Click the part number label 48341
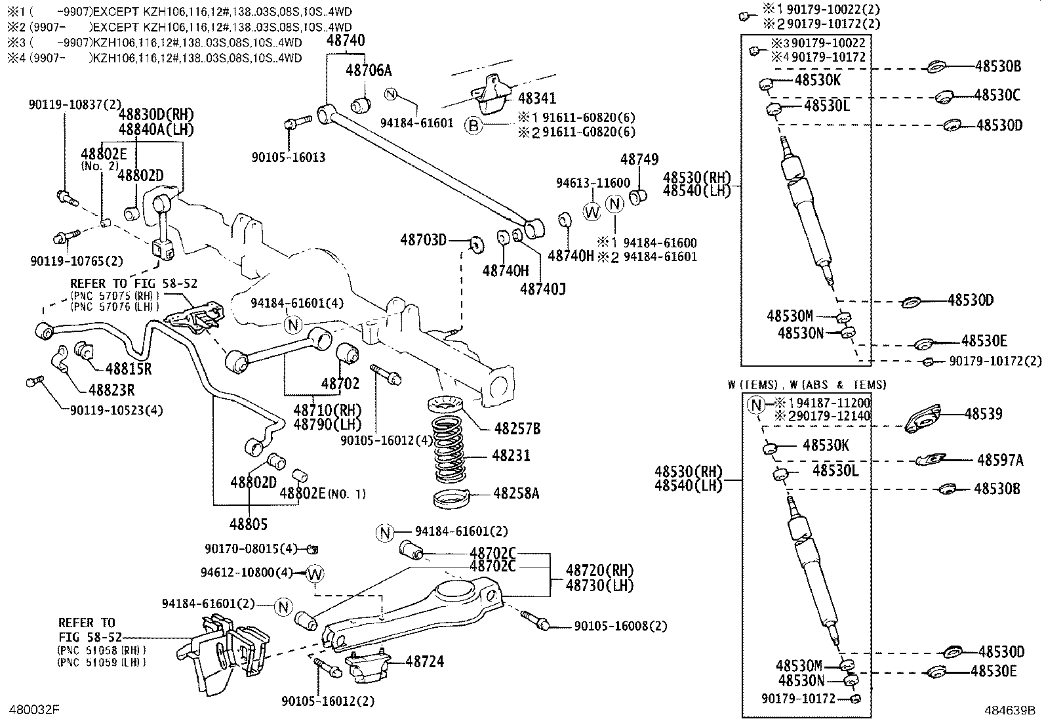(x=536, y=98)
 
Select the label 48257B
(x=517, y=429)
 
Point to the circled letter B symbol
(x=474, y=125)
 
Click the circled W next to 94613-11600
(x=592, y=211)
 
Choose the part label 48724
(x=424, y=662)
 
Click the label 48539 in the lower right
(x=984, y=415)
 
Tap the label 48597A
(x=999, y=461)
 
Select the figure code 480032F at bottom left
(x=34, y=710)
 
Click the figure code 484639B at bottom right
(x=1009, y=710)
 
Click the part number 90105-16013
(x=289, y=157)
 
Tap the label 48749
(x=639, y=159)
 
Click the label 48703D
(x=424, y=240)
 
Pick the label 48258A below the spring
(x=516, y=493)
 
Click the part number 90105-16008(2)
(x=620, y=627)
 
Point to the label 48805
(x=249, y=525)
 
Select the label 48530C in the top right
(x=997, y=95)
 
